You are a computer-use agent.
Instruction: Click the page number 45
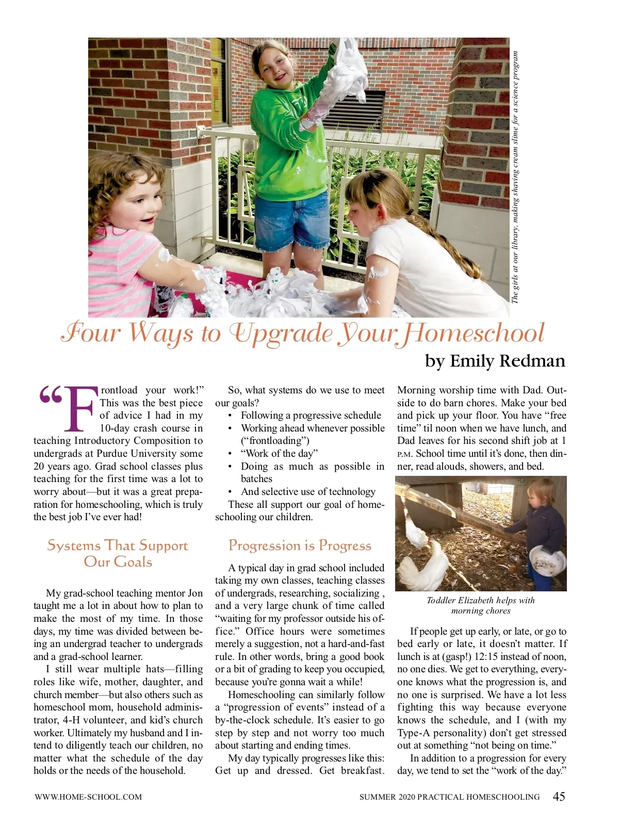click(x=559, y=797)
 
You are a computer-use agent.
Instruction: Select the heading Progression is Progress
click(x=300, y=545)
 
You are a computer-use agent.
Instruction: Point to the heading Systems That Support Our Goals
click(x=118, y=554)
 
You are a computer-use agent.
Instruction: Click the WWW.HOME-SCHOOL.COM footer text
click(x=88, y=797)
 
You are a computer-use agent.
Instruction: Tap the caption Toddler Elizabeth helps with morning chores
click(x=481, y=605)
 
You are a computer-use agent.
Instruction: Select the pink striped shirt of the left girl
click(x=116, y=268)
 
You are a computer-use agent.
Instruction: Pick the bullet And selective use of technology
click(x=308, y=492)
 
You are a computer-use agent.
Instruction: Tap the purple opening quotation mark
click(x=50, y=395)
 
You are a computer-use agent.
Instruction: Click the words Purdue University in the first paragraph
click(x=134, y=454)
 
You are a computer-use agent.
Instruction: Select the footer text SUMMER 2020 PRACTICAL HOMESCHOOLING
click(x=449, y=797)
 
